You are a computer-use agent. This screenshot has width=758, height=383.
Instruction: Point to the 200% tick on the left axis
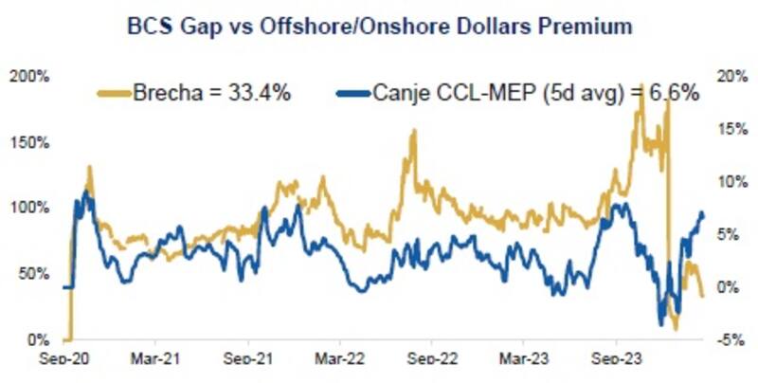[x=33, y=76]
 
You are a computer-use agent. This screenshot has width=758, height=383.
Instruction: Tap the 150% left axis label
[x=33, y=142]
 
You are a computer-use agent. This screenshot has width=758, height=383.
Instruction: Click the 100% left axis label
[x=33, y=208]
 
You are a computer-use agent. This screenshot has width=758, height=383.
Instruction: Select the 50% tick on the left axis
[x=36, y=274]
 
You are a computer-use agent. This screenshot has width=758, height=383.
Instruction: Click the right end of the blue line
[x=703, y=213]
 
